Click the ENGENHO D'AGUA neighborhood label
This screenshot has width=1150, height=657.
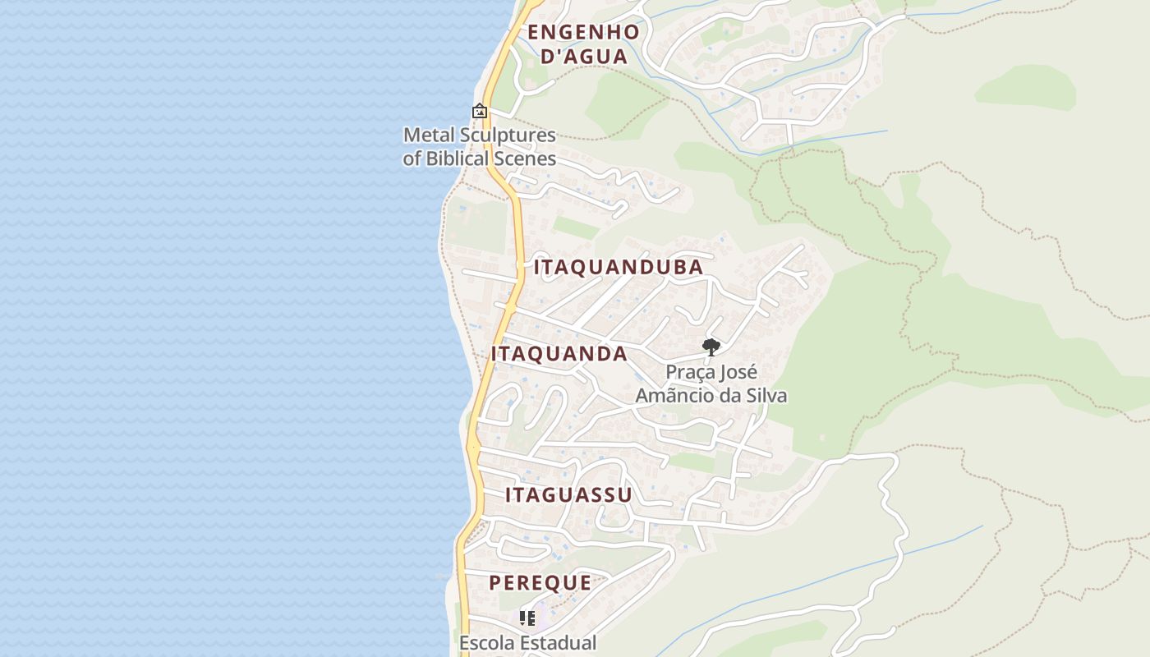583,44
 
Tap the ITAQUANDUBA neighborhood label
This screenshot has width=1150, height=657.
619,267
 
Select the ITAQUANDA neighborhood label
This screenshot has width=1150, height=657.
559,354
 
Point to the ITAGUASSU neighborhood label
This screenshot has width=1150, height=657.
568,494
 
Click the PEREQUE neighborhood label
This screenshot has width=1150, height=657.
540,583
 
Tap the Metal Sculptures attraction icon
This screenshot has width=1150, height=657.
480,111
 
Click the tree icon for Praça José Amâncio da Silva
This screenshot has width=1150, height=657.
711,347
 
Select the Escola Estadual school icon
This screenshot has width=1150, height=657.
527,618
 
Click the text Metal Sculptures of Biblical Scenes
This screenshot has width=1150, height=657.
480,147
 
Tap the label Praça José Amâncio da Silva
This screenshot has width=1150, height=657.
711,384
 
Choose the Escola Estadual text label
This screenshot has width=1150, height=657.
527,643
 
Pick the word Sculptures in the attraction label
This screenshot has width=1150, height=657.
512,135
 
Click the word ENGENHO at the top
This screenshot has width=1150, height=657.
583,33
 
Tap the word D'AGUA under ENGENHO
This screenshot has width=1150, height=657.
583,57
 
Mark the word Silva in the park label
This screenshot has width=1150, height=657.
766,395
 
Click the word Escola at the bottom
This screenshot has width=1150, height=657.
485,643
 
